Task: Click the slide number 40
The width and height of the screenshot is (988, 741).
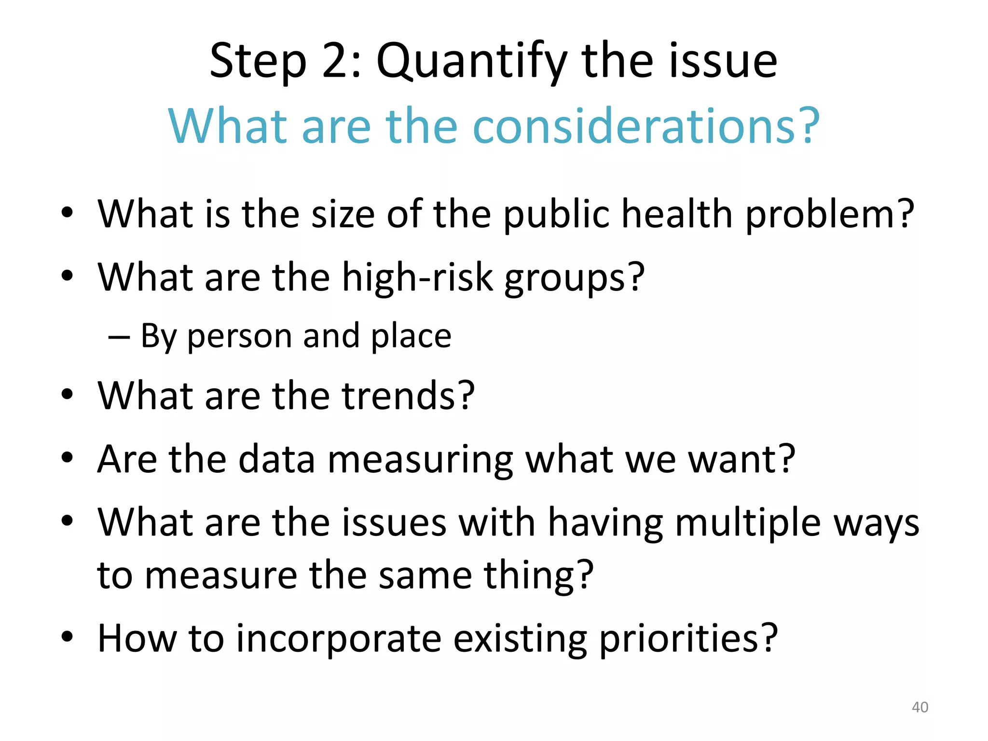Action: [x=919, y=707]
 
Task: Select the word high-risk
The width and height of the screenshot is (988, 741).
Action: [x=418, y=277]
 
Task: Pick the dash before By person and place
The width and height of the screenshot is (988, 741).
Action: [x=119, y=336]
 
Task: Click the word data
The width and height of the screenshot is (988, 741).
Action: [x=277, y=459]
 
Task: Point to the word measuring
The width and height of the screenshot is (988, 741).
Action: [x=420, y=460]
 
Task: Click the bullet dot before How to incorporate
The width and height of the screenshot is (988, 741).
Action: [x=67, y=637]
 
